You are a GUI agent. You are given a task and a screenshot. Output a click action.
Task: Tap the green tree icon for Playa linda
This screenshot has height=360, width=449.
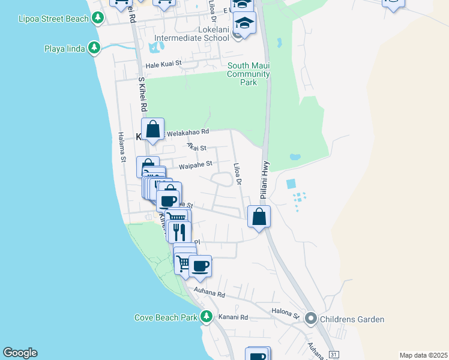94,47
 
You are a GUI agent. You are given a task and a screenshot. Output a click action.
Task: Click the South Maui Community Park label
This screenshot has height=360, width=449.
248,74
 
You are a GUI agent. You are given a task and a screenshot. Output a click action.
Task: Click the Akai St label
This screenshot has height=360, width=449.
196,147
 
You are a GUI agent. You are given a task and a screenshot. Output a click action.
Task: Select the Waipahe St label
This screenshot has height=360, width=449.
196,163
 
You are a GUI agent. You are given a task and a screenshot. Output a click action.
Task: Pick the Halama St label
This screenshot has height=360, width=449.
122,148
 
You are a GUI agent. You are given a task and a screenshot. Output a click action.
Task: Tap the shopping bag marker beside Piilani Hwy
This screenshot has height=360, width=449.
259,217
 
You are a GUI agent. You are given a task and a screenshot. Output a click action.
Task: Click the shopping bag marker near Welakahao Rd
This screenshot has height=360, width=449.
153,128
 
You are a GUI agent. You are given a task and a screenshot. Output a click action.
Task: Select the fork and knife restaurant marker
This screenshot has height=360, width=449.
179,232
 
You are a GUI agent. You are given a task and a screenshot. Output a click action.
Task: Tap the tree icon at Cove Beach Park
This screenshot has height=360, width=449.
206,316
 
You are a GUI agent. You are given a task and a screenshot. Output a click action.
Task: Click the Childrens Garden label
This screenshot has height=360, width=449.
352,319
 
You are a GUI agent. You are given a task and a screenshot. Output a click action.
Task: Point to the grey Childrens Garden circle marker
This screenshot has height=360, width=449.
310,318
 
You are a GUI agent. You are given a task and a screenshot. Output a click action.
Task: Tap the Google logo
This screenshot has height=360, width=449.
20,353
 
